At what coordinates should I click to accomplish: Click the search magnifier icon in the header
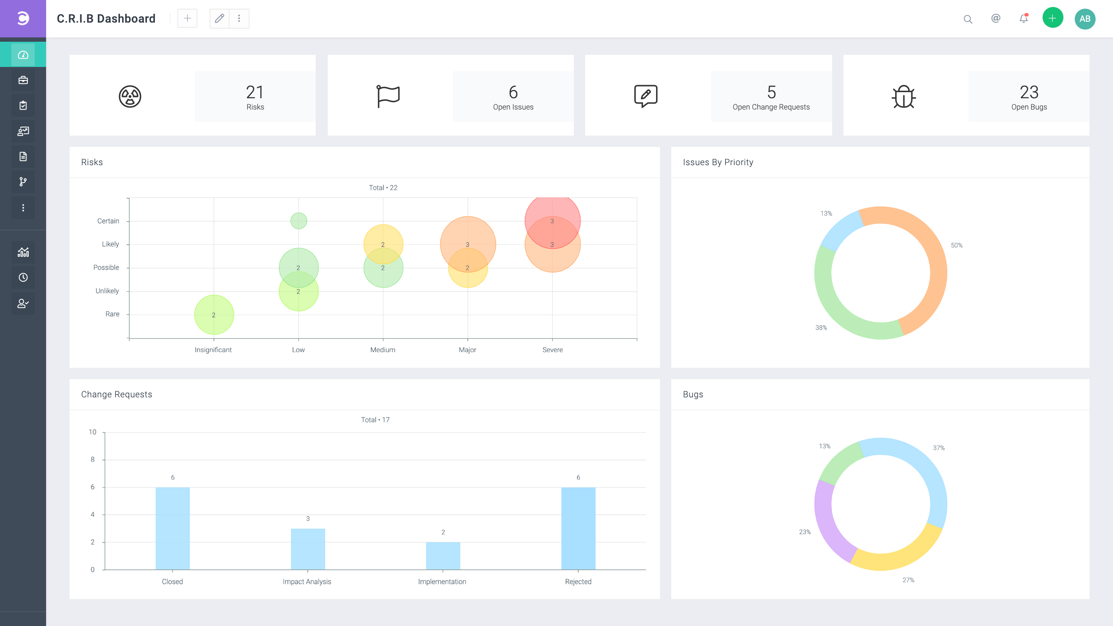[x=968, y=19]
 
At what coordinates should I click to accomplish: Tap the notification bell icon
[x=1023, y=19]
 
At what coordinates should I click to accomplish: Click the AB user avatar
[x=1085, y=19]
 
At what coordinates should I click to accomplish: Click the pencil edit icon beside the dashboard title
[x=220, y=19]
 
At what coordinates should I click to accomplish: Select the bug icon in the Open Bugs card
[x=903, y=96]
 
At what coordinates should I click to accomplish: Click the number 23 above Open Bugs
[x=1029, y=92]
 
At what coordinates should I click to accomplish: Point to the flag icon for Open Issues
[x=388, y=96]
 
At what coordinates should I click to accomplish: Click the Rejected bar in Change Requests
[x=578, y=528]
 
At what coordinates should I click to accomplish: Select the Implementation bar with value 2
[x=443, y=556]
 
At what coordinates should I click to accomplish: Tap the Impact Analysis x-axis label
[x=307, y=582]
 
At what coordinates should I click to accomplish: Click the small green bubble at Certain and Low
[x=299, y=221]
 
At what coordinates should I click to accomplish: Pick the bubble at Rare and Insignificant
[x=214, y=315]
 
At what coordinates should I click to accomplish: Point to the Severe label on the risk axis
[x=553, y=350]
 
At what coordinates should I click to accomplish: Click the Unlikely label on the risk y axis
[x=107, y=291]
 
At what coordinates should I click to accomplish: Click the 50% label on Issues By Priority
[x=956, y=245]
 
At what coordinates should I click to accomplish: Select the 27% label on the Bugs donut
[x=908, y=580]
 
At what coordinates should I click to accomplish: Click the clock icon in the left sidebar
[x=23, y=277]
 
